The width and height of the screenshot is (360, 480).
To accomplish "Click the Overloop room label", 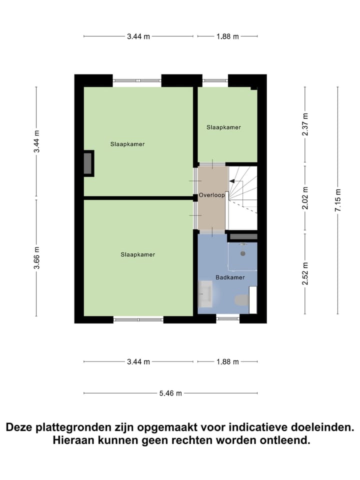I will click(211, 195).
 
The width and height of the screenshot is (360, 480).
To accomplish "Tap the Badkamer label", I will click(227, 277).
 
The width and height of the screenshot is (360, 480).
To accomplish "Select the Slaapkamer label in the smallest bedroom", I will click(223, 127).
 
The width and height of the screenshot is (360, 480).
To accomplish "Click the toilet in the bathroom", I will click(241, 300).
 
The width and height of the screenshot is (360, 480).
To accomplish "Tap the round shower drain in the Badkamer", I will click(243, 253).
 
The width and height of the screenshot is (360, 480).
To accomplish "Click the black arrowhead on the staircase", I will click(232, 183).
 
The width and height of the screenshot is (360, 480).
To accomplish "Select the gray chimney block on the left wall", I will click(88, 163).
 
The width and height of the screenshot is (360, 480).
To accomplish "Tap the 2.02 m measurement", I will click(305, 197).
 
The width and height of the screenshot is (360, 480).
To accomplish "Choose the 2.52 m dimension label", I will click(305, 273).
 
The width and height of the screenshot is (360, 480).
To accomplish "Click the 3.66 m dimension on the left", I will click(36, 258).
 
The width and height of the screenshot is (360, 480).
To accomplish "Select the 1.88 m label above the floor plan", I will click(227, 36).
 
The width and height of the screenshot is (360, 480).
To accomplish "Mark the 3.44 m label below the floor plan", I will click(138, 362).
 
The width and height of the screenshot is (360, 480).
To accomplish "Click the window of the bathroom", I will click(227, 318).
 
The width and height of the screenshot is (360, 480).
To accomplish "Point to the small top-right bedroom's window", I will click(215, 80).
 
